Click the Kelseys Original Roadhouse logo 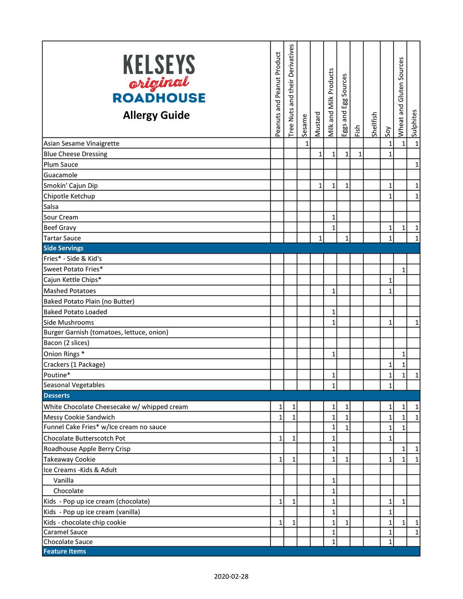click(159, 79)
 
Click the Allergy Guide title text click(156, 115)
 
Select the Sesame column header click(304, 125)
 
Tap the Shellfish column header click(374, 124)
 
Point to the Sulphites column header click(414, 123)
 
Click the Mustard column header click(317, 124)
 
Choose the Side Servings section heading click(63, 248)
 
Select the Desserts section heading click(56, 396)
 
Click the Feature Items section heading click(65, 551)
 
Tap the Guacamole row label click(61, 175)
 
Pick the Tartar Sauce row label click(62, 238)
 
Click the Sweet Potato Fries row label click(73, 269)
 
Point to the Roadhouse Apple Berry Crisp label click(87, 449)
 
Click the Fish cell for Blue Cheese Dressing click(357, 154)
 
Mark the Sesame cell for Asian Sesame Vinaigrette click(304, 144)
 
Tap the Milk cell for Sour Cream click(331, 217)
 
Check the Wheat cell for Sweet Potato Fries click(400, 269)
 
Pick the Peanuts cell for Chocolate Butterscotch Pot click(277, 438)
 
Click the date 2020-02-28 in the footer click(231, 576)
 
